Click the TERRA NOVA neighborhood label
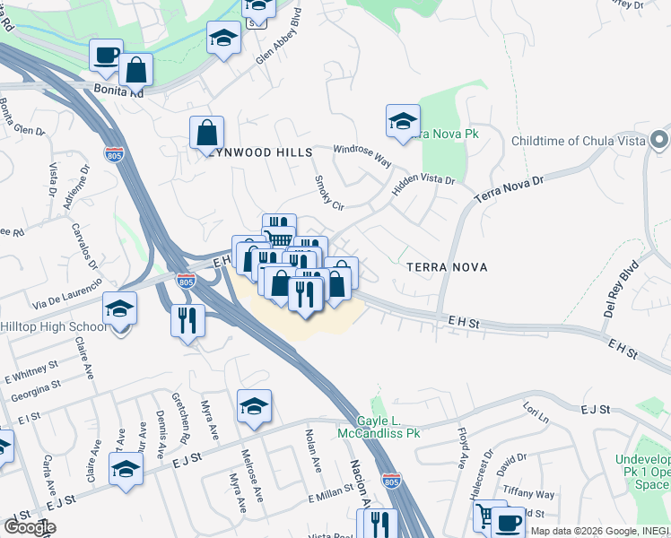[x=446, y=267]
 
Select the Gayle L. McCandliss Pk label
[x=379, y=427]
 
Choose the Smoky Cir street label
[x=329, y=192]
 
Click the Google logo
[x=30, y=527]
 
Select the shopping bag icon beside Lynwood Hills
[x=207, y=133]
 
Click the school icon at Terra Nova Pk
[x=403, y=121]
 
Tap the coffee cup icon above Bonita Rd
[x=107, y=54]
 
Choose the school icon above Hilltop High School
[x=120, y=309]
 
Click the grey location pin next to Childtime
[x=660, y=141]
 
